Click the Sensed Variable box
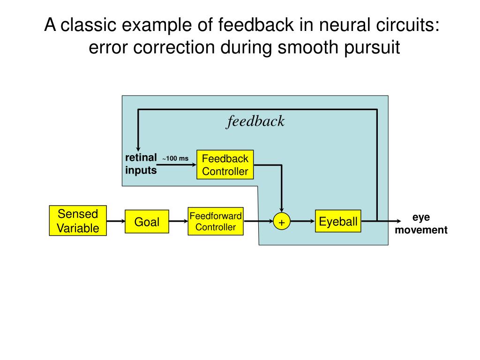pos(78,220)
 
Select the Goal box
pos(147,221)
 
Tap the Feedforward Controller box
pos(216,221)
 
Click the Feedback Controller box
pos(225,165)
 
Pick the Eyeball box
pos(338,221)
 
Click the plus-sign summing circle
pos(282,221)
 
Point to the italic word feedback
pos(255,121)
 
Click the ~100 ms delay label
pos(175,158)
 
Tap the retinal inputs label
pos(141,164)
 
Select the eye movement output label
pos(421,224)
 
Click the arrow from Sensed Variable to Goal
pos(116,221)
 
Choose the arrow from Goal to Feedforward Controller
pos(178,221)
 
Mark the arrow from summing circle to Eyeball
pos(302,221)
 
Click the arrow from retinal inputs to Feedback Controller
pos(177,165)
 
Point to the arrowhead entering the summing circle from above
pos(282,210)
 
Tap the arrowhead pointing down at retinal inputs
pos(138,149)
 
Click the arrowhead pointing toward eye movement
pos(398,221)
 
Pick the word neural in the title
pos(345,25)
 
